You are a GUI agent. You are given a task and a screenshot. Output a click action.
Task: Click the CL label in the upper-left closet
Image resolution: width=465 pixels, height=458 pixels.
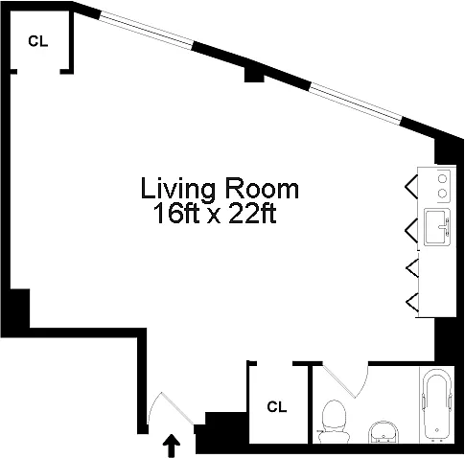click(x=38, y=41)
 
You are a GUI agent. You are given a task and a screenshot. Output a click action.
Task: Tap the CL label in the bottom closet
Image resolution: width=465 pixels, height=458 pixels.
click(x=277, y=407)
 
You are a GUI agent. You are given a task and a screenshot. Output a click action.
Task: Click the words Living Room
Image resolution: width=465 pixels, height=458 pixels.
click(x=220, y=189)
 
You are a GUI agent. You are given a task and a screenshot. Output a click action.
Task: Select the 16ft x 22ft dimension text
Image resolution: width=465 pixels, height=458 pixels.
click(x=215, y=214)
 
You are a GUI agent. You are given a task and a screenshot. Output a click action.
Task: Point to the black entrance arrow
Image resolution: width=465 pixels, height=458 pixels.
click(x=172, y=446)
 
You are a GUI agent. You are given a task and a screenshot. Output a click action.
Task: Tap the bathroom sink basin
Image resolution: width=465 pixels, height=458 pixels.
click(x=384, y=432)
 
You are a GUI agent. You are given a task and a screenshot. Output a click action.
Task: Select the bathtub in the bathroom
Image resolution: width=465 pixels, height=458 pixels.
click(x=436, y=405)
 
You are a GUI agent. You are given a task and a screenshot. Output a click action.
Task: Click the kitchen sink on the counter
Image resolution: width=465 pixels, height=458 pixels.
click(x=437, y=227)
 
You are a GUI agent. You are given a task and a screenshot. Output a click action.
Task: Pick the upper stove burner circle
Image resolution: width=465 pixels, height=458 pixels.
click(x=442, y=178)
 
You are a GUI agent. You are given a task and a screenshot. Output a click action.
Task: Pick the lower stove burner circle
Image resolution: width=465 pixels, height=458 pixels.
click(x=442, y=194)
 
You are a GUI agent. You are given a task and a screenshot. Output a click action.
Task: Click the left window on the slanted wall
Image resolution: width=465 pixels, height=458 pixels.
click(x=147, y=30)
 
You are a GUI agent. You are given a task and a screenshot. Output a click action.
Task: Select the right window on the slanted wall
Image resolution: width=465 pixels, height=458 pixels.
click(x=356, y=103)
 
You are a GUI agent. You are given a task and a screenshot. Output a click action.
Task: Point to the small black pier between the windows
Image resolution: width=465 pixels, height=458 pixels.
click(x=254, y=76)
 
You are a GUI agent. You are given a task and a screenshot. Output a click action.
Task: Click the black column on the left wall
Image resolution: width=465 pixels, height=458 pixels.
click(x=19, y=309)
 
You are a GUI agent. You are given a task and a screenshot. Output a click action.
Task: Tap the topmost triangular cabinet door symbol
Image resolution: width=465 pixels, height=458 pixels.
click(x=411, y=187)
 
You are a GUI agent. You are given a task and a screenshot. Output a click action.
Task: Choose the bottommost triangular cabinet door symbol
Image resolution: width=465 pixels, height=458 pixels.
click(x=412, y=303)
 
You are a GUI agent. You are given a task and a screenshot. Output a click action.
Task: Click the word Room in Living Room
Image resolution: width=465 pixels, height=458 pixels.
click(x=262, y=189)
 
